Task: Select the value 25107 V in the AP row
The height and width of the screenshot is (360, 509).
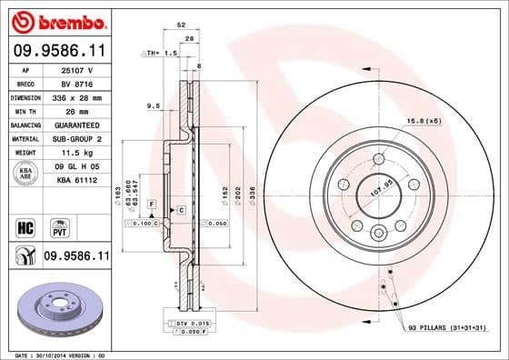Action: [x=75, y=69]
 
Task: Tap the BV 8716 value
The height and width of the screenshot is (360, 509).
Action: [x=75, y=83]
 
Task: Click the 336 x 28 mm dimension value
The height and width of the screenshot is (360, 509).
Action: [x=76, y=96]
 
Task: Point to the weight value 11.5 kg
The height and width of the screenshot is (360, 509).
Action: [x=76, y=153]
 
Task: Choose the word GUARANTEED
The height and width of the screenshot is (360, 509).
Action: [x=76, y=125]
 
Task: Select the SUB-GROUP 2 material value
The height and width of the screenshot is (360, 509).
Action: [x=76, y=139]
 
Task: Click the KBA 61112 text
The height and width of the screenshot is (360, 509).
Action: [x=76, y=182]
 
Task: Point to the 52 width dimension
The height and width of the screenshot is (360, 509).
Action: [x=182, y=25]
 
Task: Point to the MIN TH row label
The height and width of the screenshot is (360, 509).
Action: [x=24, y=111]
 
